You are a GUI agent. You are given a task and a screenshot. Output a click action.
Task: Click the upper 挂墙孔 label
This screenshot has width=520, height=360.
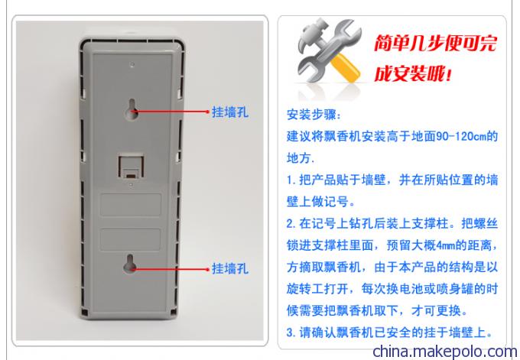point(230,112)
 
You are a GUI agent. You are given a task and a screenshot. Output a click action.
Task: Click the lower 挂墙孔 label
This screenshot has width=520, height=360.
point(230,268)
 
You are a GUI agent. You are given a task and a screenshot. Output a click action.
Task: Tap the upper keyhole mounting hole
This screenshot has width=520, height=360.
point(132,109)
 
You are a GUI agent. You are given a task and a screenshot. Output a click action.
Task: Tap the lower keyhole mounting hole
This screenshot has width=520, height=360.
point(130,264)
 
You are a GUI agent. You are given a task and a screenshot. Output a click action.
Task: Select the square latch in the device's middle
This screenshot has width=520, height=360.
point(131,166)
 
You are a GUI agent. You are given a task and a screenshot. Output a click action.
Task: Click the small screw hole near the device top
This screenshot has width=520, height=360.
point(132,64)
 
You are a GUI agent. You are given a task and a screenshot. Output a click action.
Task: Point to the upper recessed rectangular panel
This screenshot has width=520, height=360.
point(131,205)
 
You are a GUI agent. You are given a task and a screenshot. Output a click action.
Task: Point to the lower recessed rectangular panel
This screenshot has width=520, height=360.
point(130,239)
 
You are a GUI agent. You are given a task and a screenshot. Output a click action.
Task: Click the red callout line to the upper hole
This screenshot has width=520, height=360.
point(171,112)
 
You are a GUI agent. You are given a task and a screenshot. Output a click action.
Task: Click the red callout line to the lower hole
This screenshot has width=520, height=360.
point(170,269)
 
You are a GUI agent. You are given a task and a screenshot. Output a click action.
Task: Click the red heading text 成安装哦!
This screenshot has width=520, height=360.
point(413,73)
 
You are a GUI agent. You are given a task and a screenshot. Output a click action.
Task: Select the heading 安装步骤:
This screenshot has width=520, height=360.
point(314,115)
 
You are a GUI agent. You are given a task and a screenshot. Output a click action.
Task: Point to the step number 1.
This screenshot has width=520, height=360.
point(290,180)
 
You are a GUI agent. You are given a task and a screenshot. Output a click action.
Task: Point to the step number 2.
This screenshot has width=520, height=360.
point(290,224)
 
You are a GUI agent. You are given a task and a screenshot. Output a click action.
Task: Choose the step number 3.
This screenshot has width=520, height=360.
point(290,332)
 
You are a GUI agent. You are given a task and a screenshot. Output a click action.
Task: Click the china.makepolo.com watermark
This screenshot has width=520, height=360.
point(445,352)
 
